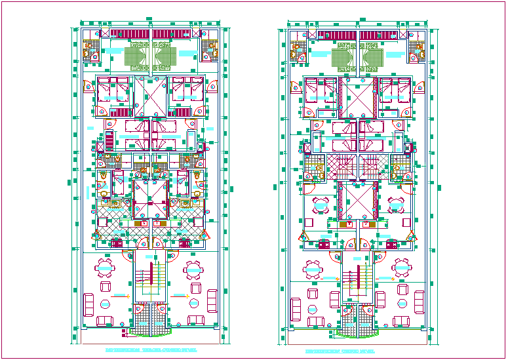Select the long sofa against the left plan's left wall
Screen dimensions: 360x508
tap(88, 303)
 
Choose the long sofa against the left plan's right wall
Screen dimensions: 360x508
tap(212, 300)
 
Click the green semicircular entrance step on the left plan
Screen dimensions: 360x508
tap(150, 330)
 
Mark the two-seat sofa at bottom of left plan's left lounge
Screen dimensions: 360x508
tap(105, 321)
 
